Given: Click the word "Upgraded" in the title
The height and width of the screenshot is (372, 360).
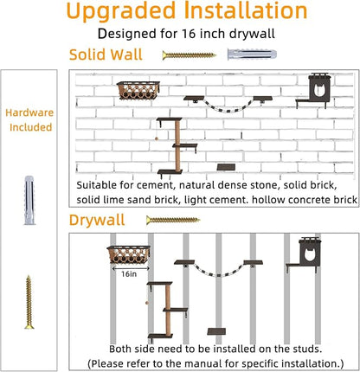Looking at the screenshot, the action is [121, 11].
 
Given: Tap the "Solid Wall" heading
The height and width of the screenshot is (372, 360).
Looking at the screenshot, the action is [106, 55].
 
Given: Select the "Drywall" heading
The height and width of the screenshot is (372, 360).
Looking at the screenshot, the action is [97, 220].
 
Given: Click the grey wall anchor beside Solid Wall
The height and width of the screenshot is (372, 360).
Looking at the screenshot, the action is [252, 55].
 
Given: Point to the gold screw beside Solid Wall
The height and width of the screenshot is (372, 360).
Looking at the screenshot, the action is [189, 55].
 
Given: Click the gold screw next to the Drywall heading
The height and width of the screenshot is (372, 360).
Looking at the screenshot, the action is [173, 221].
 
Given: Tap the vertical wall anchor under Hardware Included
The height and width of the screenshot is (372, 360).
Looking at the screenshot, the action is [29, 200].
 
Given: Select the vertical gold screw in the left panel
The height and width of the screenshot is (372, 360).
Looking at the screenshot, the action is [29, 302].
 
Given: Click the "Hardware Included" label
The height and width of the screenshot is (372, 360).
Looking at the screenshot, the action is [29, 120].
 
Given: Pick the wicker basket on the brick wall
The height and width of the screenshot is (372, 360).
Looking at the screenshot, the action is [138, 91].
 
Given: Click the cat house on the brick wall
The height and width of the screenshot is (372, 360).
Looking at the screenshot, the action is [313, 90].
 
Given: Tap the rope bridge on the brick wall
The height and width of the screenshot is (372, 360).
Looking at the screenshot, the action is [228, 103].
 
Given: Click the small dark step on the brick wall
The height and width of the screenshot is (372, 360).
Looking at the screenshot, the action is [226, 167].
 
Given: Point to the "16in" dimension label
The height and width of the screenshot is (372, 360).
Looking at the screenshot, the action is [129, 274].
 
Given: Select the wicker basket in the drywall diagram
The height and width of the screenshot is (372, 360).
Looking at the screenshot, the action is [129, 254].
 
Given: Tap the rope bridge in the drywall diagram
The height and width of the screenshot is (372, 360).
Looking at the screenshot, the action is [218, 268].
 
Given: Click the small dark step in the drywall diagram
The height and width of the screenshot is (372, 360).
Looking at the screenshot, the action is [216, 331].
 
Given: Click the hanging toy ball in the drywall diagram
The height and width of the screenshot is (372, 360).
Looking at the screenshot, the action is [147, 303].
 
